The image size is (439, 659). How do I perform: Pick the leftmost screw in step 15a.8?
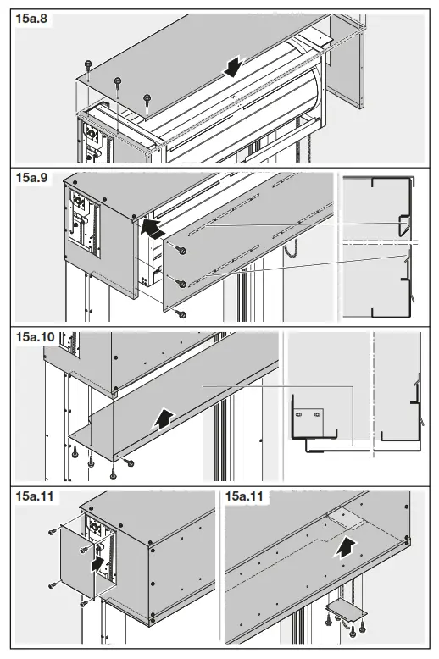87,65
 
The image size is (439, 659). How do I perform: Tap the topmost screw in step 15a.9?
181,248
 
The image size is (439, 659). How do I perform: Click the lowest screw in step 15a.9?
180,313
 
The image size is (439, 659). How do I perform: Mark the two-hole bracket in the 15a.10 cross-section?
306,415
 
